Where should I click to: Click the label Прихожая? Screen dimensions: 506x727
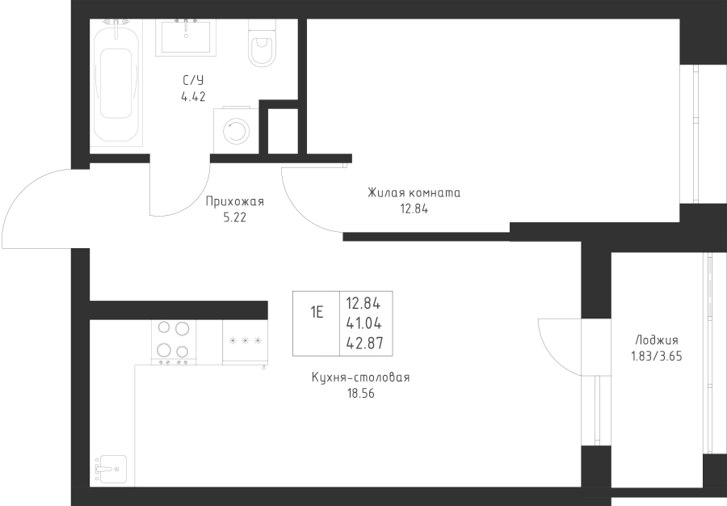click(x=234, y=203)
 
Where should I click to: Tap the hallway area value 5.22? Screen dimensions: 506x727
click(x=234, y=217)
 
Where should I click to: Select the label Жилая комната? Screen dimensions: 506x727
click(x=414, y=193)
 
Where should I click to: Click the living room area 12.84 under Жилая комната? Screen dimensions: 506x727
click(x=413, y=208)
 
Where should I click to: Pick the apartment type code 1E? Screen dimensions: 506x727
click(x=316, y=313)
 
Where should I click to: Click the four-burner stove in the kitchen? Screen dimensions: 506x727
click(x=174, y=340)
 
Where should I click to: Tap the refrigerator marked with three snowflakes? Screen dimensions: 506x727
click(x=246, y=342)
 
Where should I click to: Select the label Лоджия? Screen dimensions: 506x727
click(x=656, y=340)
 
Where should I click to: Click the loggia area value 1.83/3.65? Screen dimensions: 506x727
click(x=656, y=354)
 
